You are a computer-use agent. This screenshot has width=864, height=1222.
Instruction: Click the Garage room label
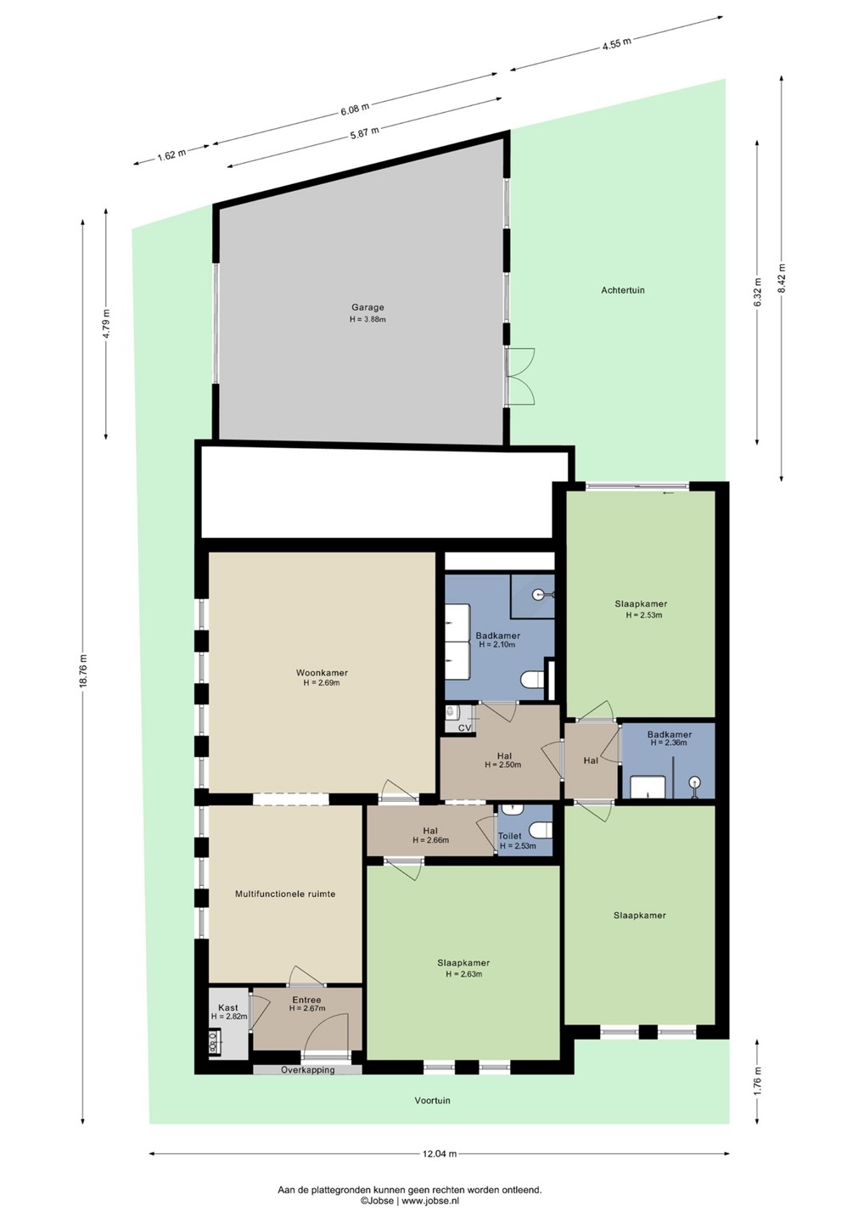tap(367, 308)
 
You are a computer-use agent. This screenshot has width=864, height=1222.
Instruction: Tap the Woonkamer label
tap(322, 673)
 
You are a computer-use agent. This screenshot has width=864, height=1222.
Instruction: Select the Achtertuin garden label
tap(622, 290)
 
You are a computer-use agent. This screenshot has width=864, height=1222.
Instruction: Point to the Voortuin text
tap(432, 1101)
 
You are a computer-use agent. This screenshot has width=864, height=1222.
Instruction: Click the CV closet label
tap(464, 728)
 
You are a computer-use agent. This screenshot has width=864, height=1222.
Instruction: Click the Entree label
tap(306, 1000)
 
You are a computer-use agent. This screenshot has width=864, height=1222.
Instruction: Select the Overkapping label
tap(307, 1070)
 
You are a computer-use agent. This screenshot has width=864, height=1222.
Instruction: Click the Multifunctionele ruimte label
tap(284, 894)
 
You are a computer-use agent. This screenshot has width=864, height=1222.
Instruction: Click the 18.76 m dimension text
tap(82, 670)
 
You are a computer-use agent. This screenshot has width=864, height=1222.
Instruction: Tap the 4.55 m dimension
tap(616, 42)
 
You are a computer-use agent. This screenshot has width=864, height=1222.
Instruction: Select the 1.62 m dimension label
tap(171, 154)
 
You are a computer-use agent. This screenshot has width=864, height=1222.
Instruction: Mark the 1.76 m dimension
tap(757, 1081)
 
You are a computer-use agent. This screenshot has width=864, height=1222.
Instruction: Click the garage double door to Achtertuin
tap(519, 377)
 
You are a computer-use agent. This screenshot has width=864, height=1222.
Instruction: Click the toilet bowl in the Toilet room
tap(543, 830)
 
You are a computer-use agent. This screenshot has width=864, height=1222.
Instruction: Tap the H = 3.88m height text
tap(367, 320)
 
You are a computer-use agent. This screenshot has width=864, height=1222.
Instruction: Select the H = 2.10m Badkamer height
tap(497, 644)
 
